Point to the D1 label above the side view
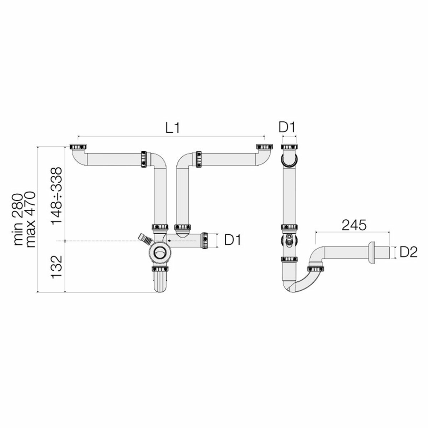click(288, 127)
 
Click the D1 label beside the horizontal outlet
click(233, 240)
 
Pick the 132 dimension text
click(57, 267)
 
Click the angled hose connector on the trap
click(144, 239)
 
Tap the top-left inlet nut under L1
click(78, 147)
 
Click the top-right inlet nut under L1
click(264, 147)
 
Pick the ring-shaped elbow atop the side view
click(289, 160)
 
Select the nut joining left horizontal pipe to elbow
click(144, 159)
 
